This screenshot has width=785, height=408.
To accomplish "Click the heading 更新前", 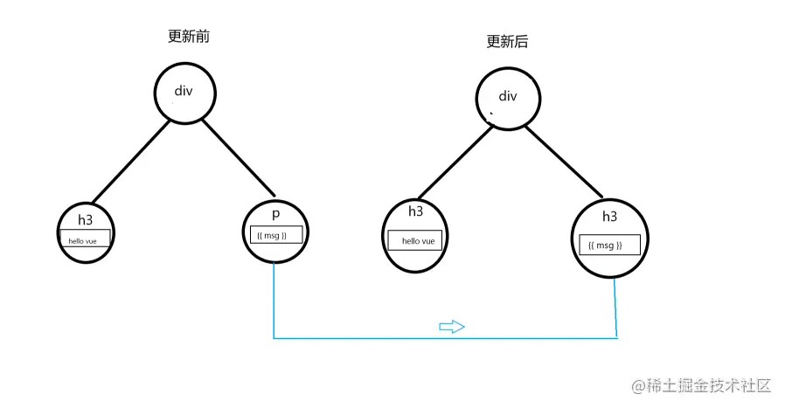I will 189,37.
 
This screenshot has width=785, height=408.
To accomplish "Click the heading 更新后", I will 507,41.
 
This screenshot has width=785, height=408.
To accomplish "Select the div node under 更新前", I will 184,93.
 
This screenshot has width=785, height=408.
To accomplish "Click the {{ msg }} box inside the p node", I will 275,235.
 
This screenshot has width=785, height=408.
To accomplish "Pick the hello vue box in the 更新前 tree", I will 85,240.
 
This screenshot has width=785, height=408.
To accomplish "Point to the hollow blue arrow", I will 451,327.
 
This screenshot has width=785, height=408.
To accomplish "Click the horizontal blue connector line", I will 367,338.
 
